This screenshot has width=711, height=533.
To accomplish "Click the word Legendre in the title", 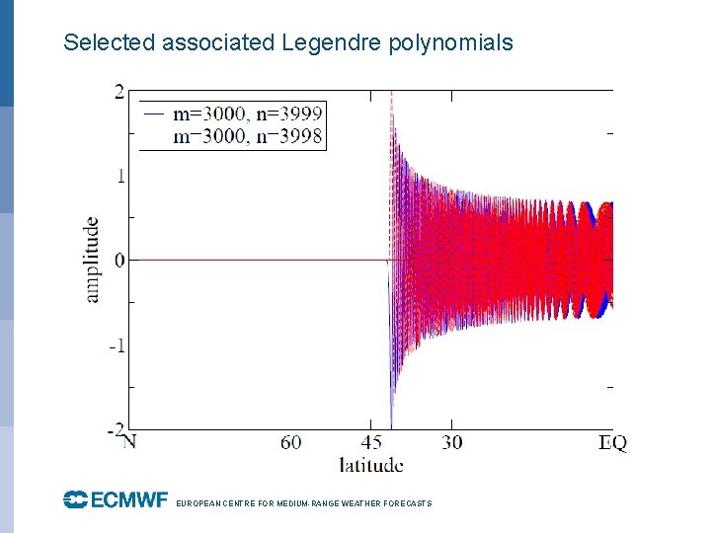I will [323, 42].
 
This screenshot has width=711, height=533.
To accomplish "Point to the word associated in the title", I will [218, 42].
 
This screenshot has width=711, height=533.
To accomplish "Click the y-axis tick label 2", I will [118, 92].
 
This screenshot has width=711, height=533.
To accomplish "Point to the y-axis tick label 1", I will [118, 176].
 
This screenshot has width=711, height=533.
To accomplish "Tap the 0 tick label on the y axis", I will [118, 261].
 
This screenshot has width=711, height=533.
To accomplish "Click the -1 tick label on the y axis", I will [116, 345].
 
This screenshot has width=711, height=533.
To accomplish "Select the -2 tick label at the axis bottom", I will [115, 429].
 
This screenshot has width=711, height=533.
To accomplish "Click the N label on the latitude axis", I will [128, 442].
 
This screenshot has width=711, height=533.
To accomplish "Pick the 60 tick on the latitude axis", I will [290, 442].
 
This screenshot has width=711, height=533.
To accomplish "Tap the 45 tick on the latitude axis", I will [372, 442].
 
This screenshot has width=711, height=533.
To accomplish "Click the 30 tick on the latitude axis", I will [451, 442].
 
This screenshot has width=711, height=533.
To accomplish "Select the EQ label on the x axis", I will [612, 442].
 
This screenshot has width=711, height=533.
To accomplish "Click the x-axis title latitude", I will [370, 464].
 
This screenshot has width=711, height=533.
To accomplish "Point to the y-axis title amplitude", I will [92, 260].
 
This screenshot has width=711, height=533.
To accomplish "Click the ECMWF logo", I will [116, 500].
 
